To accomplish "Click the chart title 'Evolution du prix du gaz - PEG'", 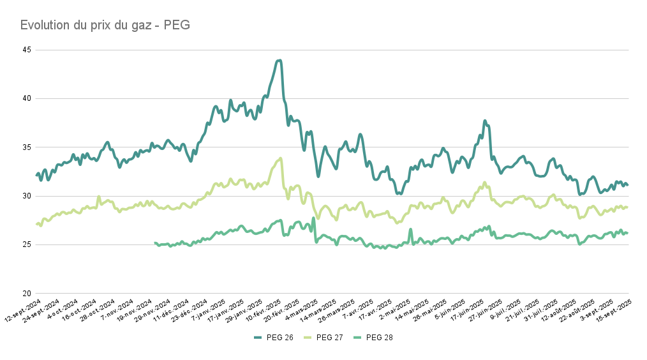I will [x=105, y=26].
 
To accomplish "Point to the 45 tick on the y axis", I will [x=27, y=50].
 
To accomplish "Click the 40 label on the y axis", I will [x=27, y=98].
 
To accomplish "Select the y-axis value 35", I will [x=27, y=147].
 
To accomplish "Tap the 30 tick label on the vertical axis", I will [x=27, y=196].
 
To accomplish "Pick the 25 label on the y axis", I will [x=27, y=244].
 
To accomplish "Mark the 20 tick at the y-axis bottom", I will [x=27, y=294].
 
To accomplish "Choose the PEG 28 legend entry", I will [x=373, y=337].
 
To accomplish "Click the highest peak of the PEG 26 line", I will [x=279, y=61].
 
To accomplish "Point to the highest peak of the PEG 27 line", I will [x=280, y=158].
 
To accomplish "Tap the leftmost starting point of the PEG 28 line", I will [x=155, y=243].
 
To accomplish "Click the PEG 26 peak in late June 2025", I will [x=485, y=121].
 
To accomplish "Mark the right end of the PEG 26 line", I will [x=627, y=185].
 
